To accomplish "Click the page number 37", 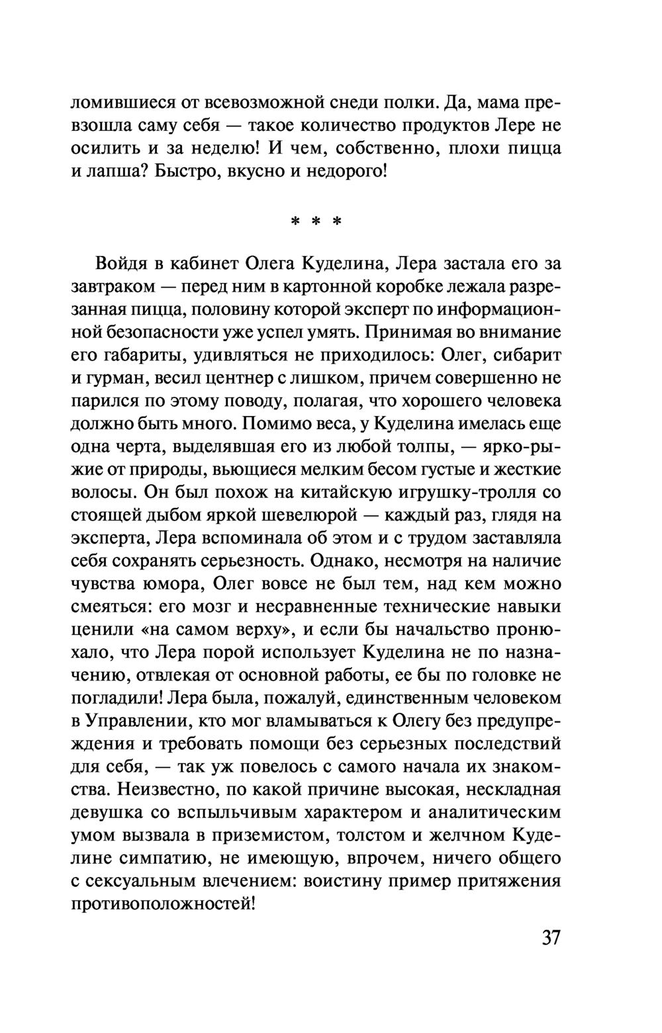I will [551, 938].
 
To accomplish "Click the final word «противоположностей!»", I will [163, 904].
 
